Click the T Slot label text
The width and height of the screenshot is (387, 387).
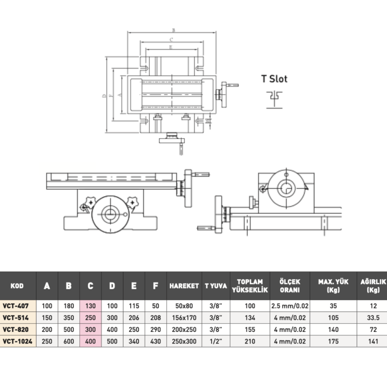pyautogui.click(x=274, y=79)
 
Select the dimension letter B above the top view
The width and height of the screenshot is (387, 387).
pyautogui.click(x=174, y=30)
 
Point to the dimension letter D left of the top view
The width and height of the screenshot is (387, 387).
pyautogui.click(x=104, y=96)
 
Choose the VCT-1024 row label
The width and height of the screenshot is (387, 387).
pyautogui.click(x=17, y=341)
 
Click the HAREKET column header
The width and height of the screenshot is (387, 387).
pyautogui.click(x=184, y=286)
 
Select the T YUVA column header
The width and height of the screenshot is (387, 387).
pyautogui.click(x=215, y=286)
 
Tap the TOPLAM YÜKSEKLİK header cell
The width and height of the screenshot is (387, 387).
pyautogui.click(x=250, y=286)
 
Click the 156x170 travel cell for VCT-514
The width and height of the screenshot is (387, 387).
pyautogui.click(x=184, y=318)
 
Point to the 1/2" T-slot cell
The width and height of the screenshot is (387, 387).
pyautogui.click(x=215, y=341)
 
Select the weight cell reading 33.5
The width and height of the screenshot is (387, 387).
pyautogui.click(x=373, y=318)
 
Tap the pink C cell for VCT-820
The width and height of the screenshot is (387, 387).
pyautogui.click(x=90, y=329)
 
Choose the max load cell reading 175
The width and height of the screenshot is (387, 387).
pyautogui.click(x=333, y=341)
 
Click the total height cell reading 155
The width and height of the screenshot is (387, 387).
pyautogui.click(x=250, y=329)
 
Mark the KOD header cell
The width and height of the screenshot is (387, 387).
pyautogui.click(x=17, y=286)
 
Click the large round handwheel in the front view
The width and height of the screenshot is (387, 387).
pyautogui.click(x=110, y=214)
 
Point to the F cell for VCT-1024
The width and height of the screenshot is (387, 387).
pyautogui.click(x=156, y=341)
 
